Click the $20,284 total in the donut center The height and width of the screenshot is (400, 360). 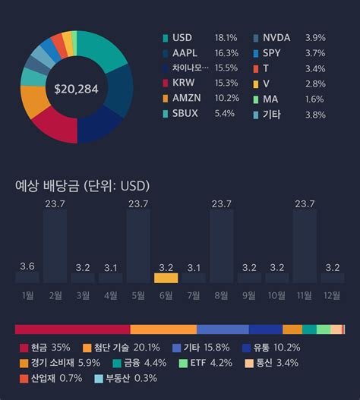point(77,89)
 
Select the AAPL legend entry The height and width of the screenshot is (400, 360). point(186,53)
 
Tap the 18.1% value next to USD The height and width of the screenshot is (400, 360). point(226,37)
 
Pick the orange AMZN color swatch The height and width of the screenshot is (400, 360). point(166,99)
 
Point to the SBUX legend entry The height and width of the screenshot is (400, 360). point(186,114)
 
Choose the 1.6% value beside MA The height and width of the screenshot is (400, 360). point(315,99)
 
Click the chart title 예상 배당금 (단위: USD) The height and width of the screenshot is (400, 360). point(82,186)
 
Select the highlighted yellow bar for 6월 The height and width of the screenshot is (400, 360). point(166,278)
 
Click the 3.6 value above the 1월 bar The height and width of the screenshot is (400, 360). point(27,266)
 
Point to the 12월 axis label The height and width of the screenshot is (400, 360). point(333,294)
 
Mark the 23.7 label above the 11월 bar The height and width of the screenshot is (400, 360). point(305,203)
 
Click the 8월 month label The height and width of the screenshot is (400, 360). point(222,294)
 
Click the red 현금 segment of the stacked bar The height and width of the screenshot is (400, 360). point(72,329)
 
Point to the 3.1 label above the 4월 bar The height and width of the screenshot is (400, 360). point(110,267)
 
